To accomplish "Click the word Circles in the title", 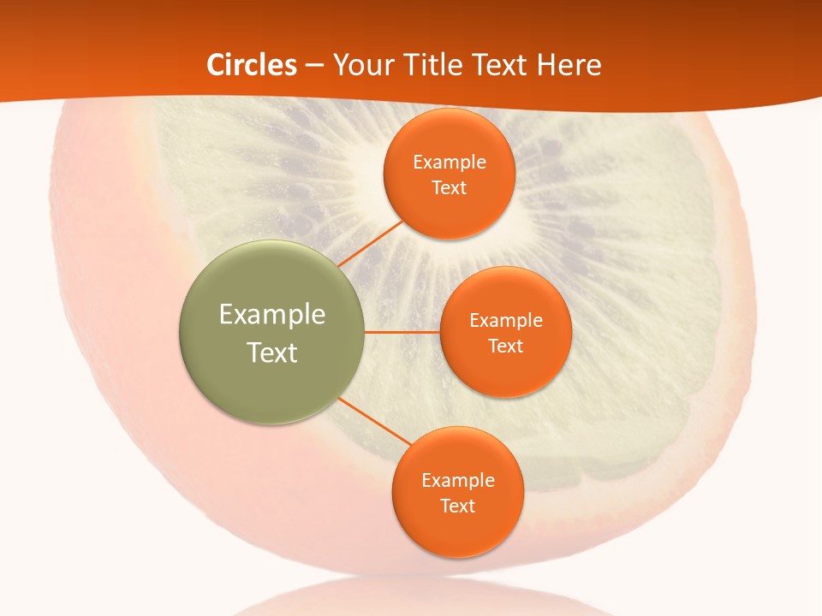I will click(x=252, y=65).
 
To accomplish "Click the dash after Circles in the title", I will click(x=314, y=66).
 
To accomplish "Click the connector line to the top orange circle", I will click(x=370, y=243).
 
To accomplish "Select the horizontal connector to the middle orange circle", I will click(x=402, y=332).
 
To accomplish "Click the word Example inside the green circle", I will click(x=272, y=314).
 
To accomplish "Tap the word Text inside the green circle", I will click(x=272, y=352).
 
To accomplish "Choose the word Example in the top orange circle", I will click(x=449, y=162).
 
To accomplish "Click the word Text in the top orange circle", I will click(x=449, y=187).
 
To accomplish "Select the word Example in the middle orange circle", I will click(x=505, y=320).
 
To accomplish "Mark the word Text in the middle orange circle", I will click(x=505, y=346).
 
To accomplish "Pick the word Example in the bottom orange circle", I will click(x=457, y=480).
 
